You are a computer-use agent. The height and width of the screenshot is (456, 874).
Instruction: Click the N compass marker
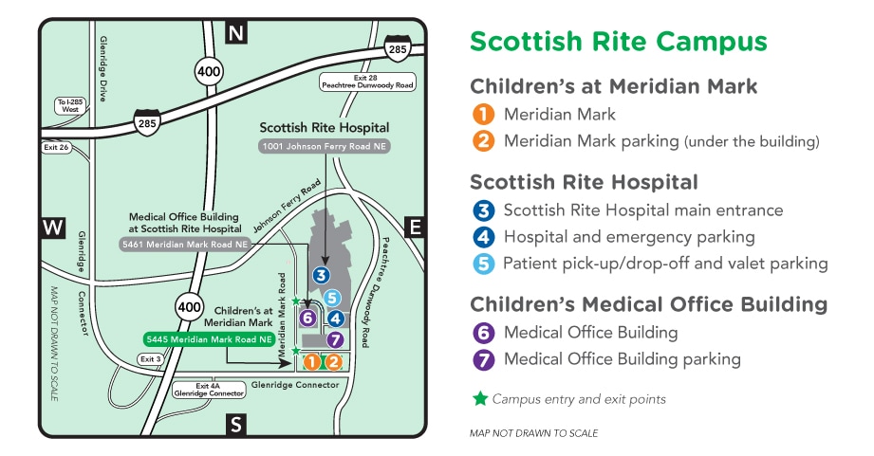236,34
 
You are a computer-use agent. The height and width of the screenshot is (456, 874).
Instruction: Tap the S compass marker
236,424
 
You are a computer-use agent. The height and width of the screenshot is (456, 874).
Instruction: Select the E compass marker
415,227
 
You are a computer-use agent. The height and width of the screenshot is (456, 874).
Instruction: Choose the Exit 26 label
57,147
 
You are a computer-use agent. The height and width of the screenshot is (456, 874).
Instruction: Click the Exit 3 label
150,359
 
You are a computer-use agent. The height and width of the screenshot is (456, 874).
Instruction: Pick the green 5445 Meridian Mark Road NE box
209,338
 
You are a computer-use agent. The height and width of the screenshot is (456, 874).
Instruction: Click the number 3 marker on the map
322,276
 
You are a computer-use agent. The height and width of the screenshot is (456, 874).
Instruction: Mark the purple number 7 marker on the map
334,339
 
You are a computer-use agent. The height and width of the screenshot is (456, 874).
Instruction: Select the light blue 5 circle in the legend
484,264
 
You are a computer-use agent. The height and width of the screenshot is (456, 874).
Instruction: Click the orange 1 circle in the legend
484,115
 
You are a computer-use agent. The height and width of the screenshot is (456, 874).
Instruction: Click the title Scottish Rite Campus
618,42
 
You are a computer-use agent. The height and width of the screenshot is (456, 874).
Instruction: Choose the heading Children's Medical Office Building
648,304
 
